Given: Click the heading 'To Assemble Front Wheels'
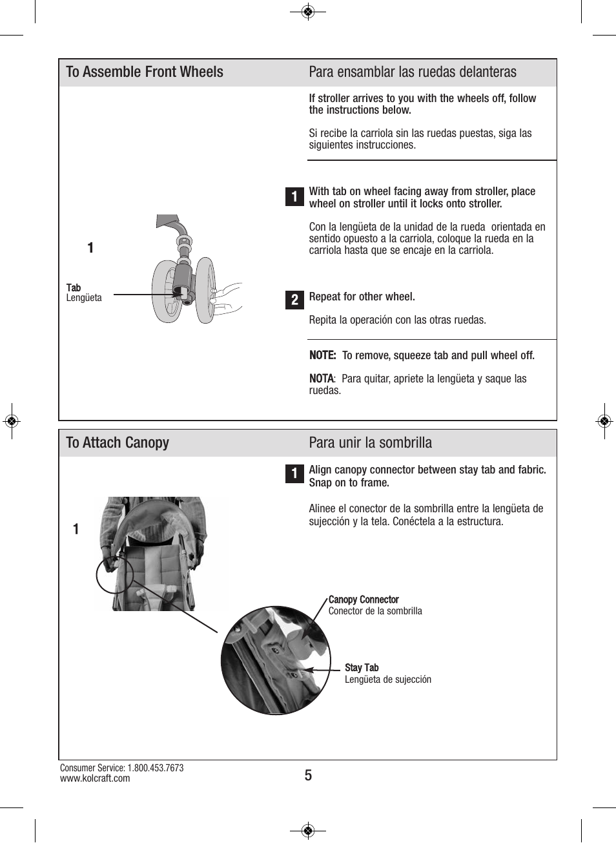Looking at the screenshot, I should click(x=145, y=72).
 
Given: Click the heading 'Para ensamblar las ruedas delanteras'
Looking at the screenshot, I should click(x=412, y=72).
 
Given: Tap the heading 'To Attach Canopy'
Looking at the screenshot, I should click(x=118, y=443).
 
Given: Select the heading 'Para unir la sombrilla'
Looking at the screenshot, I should click(x=370, y=443).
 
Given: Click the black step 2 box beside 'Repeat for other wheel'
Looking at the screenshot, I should click(x=294, y=300).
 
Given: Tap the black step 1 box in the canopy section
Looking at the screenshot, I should click(x=294, y=474).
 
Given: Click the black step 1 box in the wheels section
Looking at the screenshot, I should click(x=294, y=196).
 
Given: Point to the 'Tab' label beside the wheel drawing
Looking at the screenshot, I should click(x=74, y=287).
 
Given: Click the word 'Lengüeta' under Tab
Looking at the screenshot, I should click(x=84, y=298).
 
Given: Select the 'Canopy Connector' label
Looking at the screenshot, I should click(x=364, y=599).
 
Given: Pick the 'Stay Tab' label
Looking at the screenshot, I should click(x=362, y=668).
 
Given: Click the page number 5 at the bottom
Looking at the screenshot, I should click(x=308, y=775).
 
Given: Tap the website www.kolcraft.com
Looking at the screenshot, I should click(x=95, y=778).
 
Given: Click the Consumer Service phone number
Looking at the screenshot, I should click(x=155, y=768).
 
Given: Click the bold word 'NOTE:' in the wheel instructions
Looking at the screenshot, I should click(x=322, y=355).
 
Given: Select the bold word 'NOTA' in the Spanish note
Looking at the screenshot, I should click(x=321, y=379).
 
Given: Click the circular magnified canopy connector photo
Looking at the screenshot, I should click(x=276, y=660).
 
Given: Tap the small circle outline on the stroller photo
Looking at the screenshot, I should click(x=115, y=574).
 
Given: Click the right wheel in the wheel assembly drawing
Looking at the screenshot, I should click(x=205, y=291).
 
